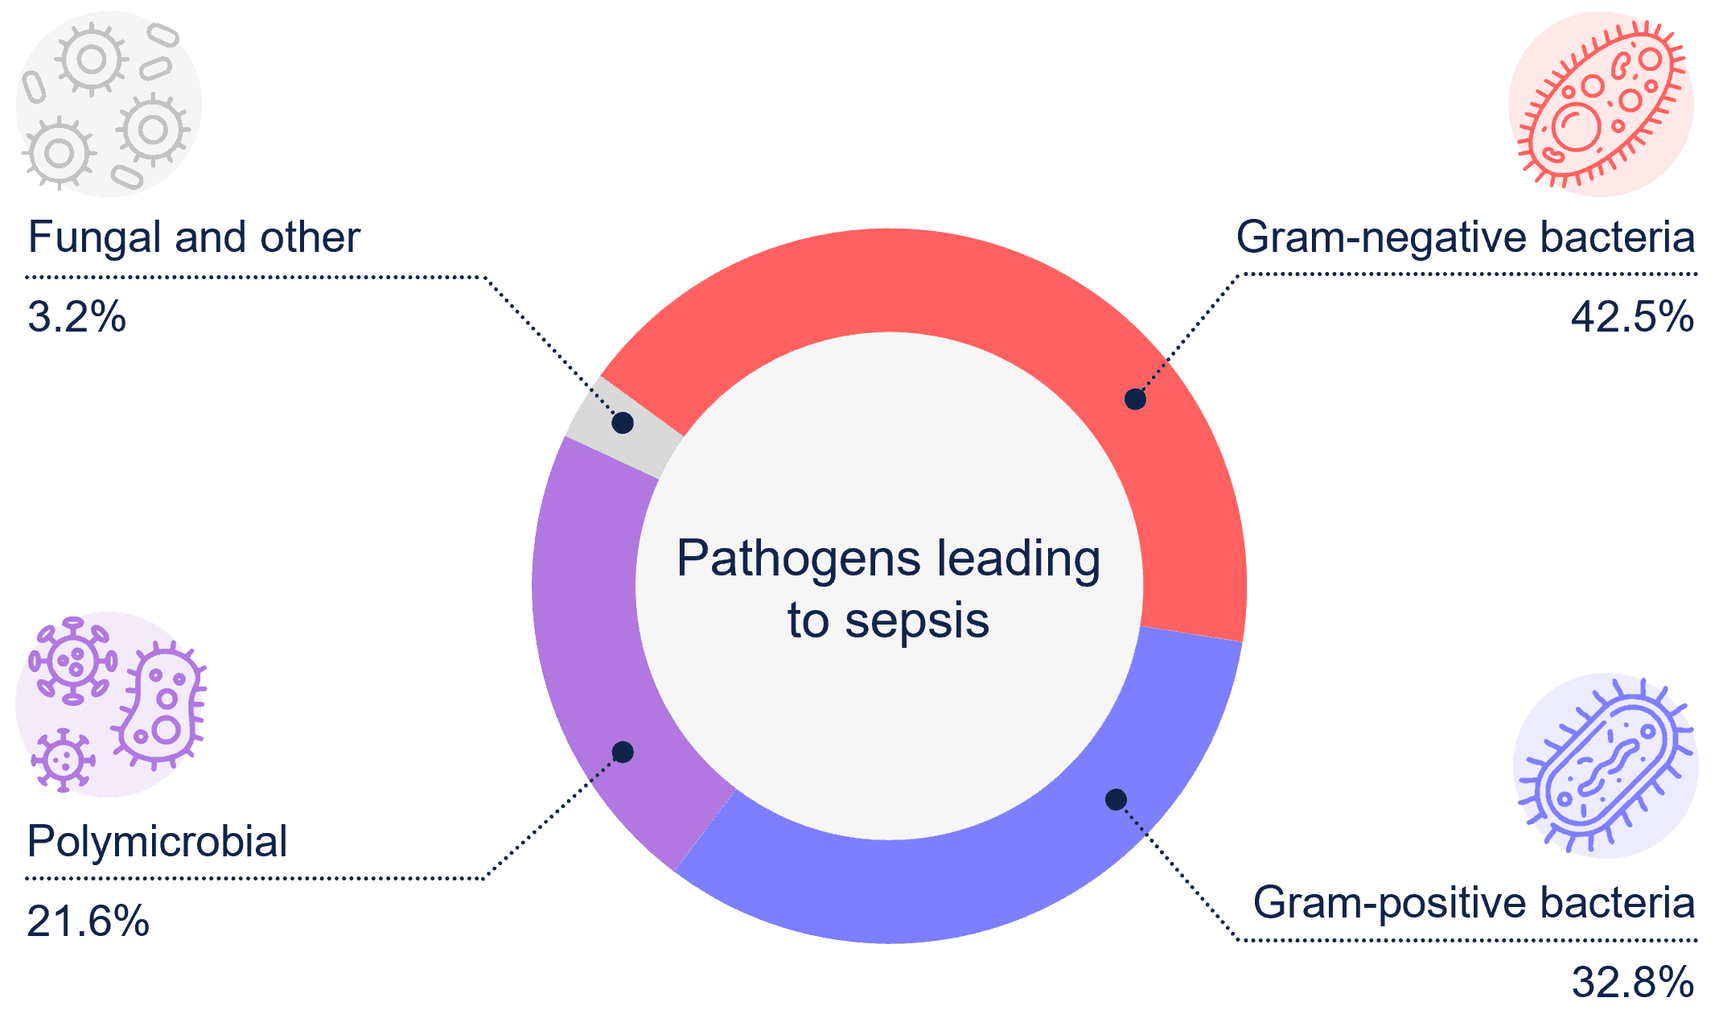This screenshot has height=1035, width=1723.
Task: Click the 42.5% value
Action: coord(1632,317)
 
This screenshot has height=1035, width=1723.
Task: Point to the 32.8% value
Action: coord(1632,983)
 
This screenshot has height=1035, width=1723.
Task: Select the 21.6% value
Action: coord(88,922)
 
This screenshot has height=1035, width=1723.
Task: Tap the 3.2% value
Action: coord(76,317)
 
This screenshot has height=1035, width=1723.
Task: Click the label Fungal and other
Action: coord(194,237)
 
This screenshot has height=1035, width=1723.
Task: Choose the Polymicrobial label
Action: coord(157,842)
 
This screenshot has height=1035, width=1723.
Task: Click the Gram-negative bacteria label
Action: coord(1465,237)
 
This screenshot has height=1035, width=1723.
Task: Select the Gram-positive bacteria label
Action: coord(1474,903)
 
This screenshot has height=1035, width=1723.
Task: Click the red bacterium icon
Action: coord(1601,104)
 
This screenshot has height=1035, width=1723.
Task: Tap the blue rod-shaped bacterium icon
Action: coord(1606,765)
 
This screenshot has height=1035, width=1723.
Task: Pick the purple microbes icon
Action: coord(109,704)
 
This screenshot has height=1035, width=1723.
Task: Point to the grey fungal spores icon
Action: coord(109,104)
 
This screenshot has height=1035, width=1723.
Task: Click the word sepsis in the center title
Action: coord(916,622)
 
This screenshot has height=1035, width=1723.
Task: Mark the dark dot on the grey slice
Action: coord(623,423)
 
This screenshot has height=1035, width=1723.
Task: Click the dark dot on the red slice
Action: coord(1135,398)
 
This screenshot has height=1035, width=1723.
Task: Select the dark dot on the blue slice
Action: coord(1116,799)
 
